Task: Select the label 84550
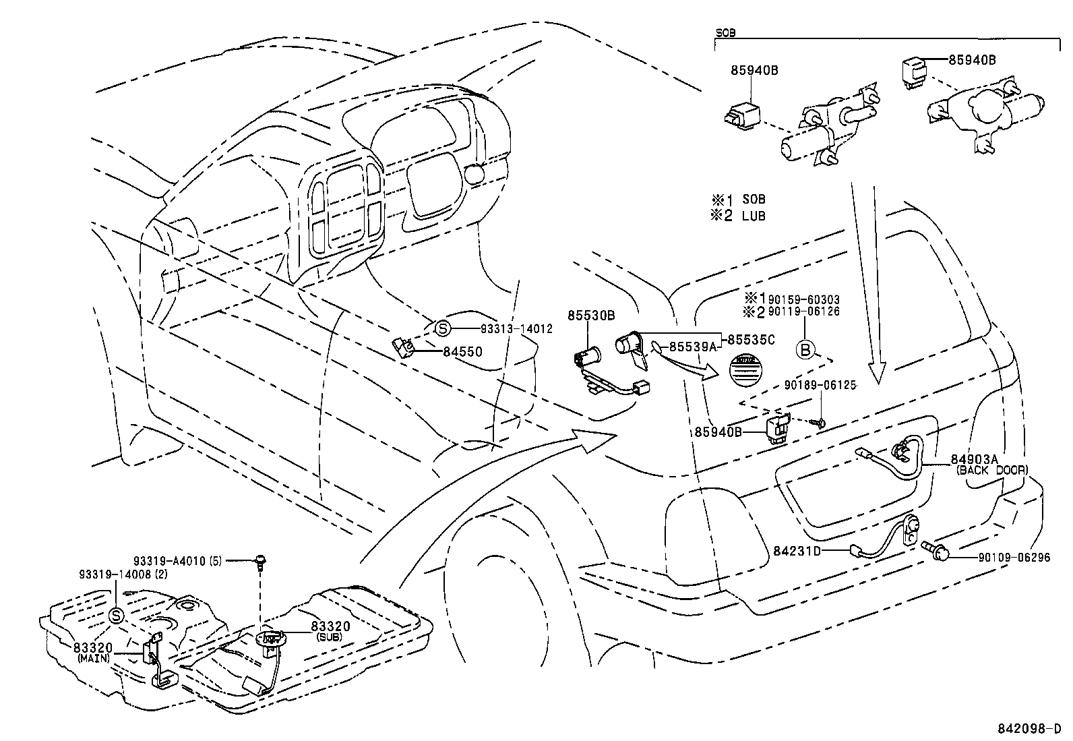click(x=462, y=351)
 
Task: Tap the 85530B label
click(x=591, y=315)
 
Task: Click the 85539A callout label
click(x=692, y=347)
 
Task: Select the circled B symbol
click(x=805, y=349)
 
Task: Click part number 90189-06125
click(x=820, y=385)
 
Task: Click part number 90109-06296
click(x=1014, y=558)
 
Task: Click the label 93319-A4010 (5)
click(x=177, y=560)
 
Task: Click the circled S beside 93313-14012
click(x=442, y=329)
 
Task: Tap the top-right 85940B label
click(x=972, y=59)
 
